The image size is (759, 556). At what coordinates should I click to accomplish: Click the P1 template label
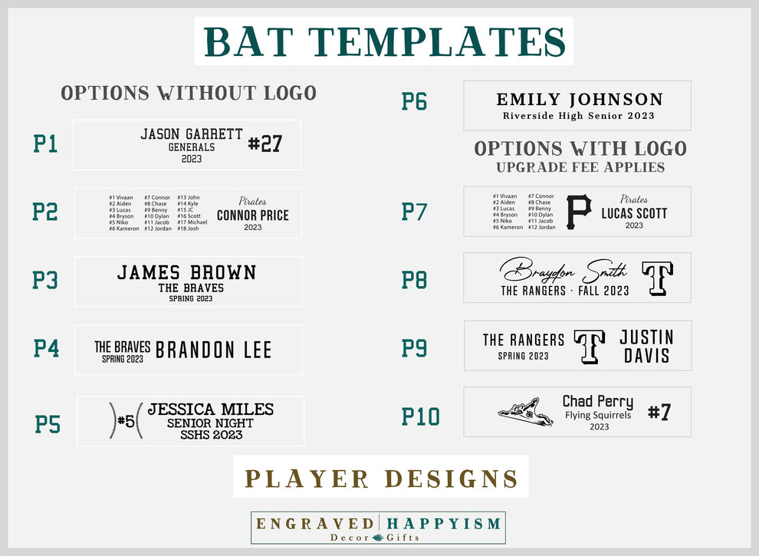tap(45, 143)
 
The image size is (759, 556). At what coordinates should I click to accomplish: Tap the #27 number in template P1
tap(265, 143)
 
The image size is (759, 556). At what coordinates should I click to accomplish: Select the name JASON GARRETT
tap(191, 134)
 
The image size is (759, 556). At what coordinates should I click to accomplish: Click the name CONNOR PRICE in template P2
tap(252, 215)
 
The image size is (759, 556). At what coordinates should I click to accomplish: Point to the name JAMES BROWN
tap(186, 272)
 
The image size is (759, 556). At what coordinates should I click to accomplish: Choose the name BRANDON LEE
tap(213, 350)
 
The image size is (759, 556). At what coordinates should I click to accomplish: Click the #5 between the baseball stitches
tap(127, 421)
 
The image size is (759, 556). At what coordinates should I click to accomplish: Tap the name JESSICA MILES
tap(210, 410)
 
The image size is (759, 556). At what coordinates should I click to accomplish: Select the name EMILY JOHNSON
tap(579, 99)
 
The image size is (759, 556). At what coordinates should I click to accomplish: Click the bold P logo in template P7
tap(579, 212)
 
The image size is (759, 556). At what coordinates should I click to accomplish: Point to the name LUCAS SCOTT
tap(634, 213)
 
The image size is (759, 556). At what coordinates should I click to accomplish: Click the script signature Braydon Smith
tap(563, 270)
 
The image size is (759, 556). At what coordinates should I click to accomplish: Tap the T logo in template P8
tap(657, 278)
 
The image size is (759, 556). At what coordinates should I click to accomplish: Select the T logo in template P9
tap(590, 346)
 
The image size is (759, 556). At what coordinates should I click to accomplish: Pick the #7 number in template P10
tap(659, 412)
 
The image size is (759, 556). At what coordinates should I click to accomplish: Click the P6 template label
tap(414, 101)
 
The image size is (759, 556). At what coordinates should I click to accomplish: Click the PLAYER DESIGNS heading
tap(381, 478)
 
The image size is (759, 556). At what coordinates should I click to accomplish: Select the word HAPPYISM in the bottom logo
tap(444, 524)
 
